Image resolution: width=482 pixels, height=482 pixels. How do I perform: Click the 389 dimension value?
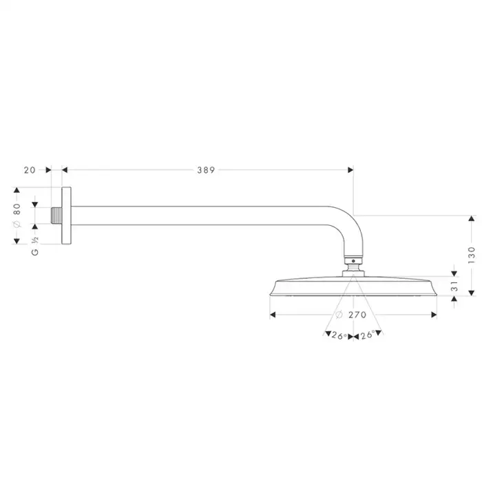click(x=206, y=170)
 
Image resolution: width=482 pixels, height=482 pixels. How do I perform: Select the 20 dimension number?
click(x=30, y=170)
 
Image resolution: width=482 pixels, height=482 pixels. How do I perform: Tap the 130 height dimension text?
click(x=471, y=255)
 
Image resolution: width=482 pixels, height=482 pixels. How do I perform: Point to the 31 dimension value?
click(x=454, y=286)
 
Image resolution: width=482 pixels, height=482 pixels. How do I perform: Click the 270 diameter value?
click(x=357, y=315)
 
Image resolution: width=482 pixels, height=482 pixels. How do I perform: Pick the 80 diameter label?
click(x=17, y=209)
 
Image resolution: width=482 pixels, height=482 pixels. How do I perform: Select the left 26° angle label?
click(x=339, y=336)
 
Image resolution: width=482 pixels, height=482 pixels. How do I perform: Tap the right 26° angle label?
click(x=368, y=335)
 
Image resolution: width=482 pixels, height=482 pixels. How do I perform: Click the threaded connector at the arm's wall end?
click(x=56, y=216)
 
